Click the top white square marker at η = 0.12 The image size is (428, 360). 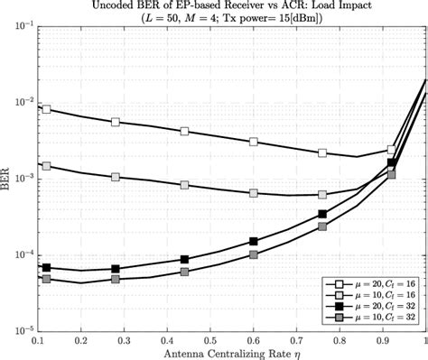tap(46, 109)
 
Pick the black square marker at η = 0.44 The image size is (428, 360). tap(184, 260)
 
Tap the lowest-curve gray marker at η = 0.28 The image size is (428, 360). tap(116, 280)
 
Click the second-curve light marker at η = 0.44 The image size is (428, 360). tap(184, 185)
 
